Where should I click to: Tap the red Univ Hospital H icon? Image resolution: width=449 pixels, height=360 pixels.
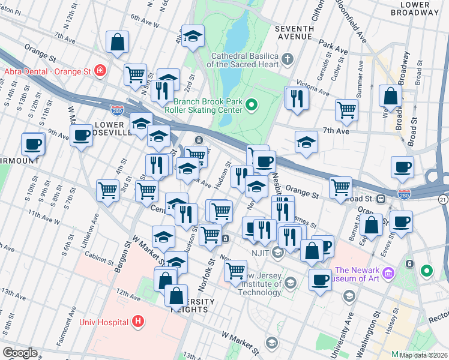(139, 322)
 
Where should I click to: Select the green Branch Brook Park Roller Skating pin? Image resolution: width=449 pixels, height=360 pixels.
(252, 106)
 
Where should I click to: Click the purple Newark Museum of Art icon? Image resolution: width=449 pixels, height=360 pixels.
(388, 274)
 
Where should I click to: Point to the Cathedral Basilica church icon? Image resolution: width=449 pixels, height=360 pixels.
(288, 59)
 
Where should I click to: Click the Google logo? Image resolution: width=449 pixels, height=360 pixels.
(20, 353)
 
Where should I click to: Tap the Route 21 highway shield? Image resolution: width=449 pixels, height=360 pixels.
(443, 199)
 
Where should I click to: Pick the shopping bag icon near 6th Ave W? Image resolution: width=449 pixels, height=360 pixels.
(117, 41)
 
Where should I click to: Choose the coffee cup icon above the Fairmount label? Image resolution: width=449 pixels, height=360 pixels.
(33, 143)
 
